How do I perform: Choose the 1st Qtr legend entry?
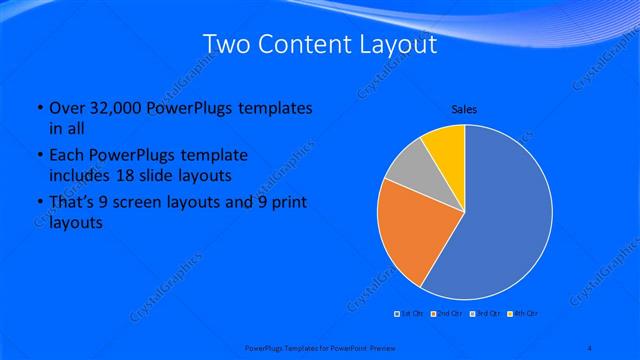(409, 313)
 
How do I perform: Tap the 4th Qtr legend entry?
(523, 313)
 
